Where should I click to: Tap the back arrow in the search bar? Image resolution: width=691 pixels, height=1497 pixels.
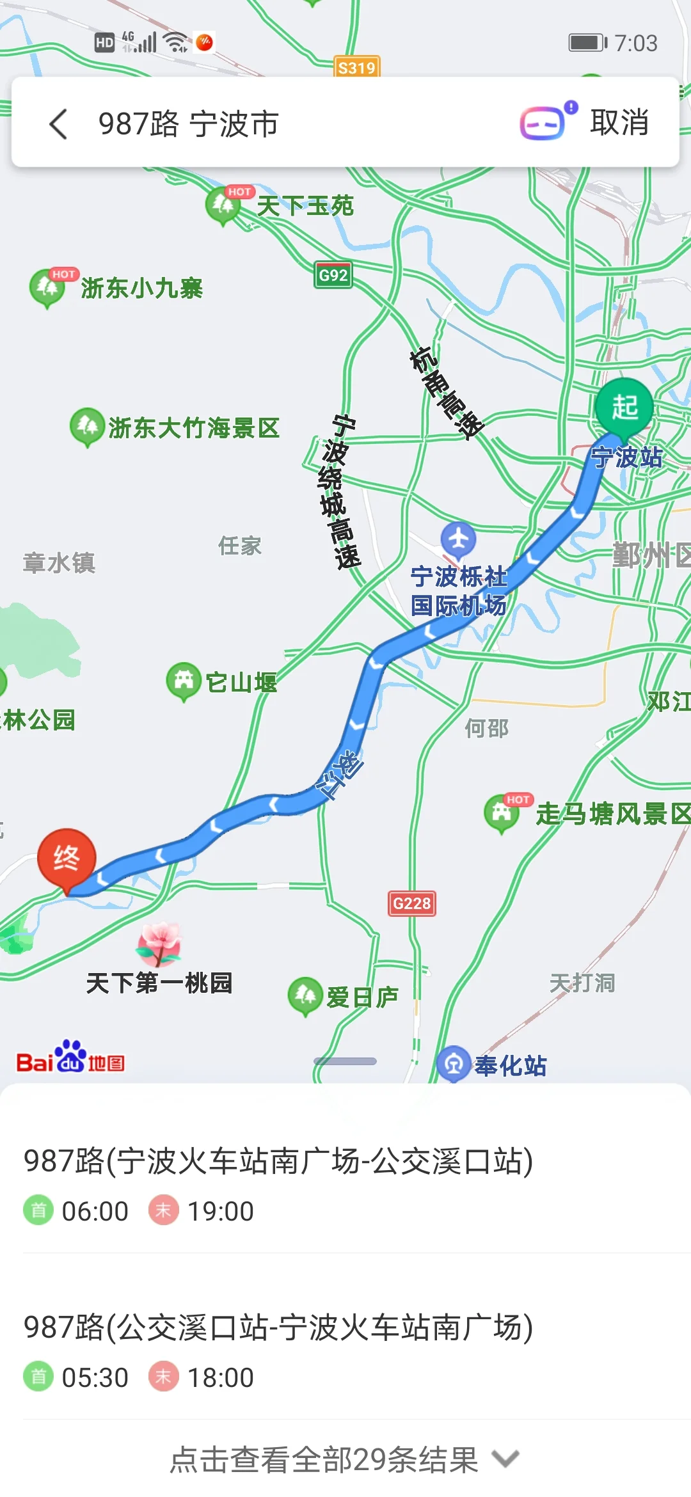tap(58, 123)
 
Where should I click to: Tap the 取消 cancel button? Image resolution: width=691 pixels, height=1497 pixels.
tap(619, 122)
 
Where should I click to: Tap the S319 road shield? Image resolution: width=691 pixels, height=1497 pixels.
tap(356, 68)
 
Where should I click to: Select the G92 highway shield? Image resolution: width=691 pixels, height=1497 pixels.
tap(333, 275)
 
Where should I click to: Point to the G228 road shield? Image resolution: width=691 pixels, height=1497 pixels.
tap(412, 903)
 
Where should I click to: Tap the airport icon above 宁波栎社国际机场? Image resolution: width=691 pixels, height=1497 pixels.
tap(458, 539)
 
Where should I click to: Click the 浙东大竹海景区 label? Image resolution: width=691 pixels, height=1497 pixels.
tap(194, 428)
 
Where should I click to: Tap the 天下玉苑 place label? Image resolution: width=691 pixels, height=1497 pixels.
tap(305, 206)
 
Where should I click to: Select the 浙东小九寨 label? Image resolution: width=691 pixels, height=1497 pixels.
tap(141, 289)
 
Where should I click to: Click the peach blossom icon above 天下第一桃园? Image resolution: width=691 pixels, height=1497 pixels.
tap(159, 943)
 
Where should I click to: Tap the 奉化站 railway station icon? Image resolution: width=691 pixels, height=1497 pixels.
tap(454, 1063)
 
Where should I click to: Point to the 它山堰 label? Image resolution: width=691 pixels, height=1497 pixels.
tap(241, 683)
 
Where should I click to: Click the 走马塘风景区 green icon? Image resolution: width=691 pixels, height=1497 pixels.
tap(502, 813)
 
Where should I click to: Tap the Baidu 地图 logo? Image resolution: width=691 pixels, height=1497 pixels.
tap(70, 1058)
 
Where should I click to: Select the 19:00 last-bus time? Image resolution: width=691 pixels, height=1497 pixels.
tap(220, 1211)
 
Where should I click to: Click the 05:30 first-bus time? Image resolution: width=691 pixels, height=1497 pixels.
tap(95, 1377)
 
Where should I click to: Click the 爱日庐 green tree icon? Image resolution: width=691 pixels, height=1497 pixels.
tap(305, 995)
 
